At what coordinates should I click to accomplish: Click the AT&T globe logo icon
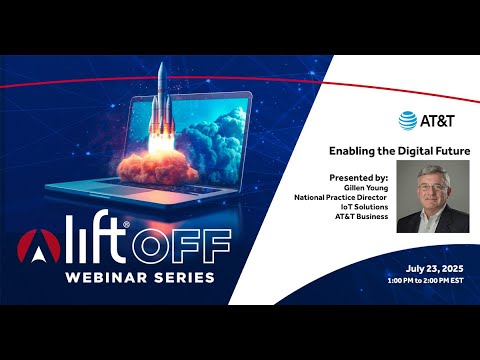pyautogui.click(x=408, y=120)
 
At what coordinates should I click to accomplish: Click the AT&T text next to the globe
pyautogui.click(x=437, y=120)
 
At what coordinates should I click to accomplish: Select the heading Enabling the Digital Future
pyautogui.click(x=400, y=151)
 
